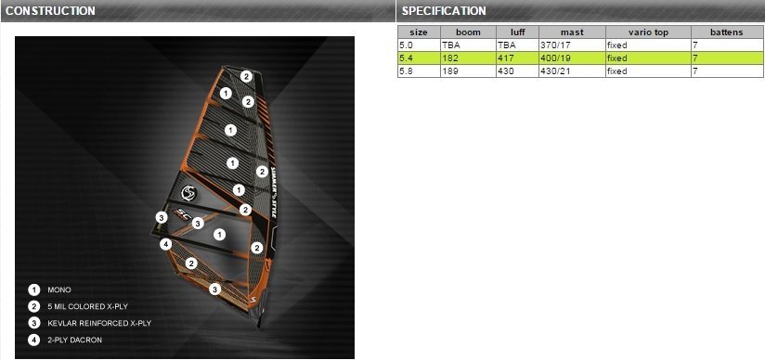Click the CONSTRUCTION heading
click(50, 11)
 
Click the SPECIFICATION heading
click(444, 11)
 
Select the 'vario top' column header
click(648, 32)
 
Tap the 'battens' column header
click(727, 32)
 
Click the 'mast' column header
click(572, 32)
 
